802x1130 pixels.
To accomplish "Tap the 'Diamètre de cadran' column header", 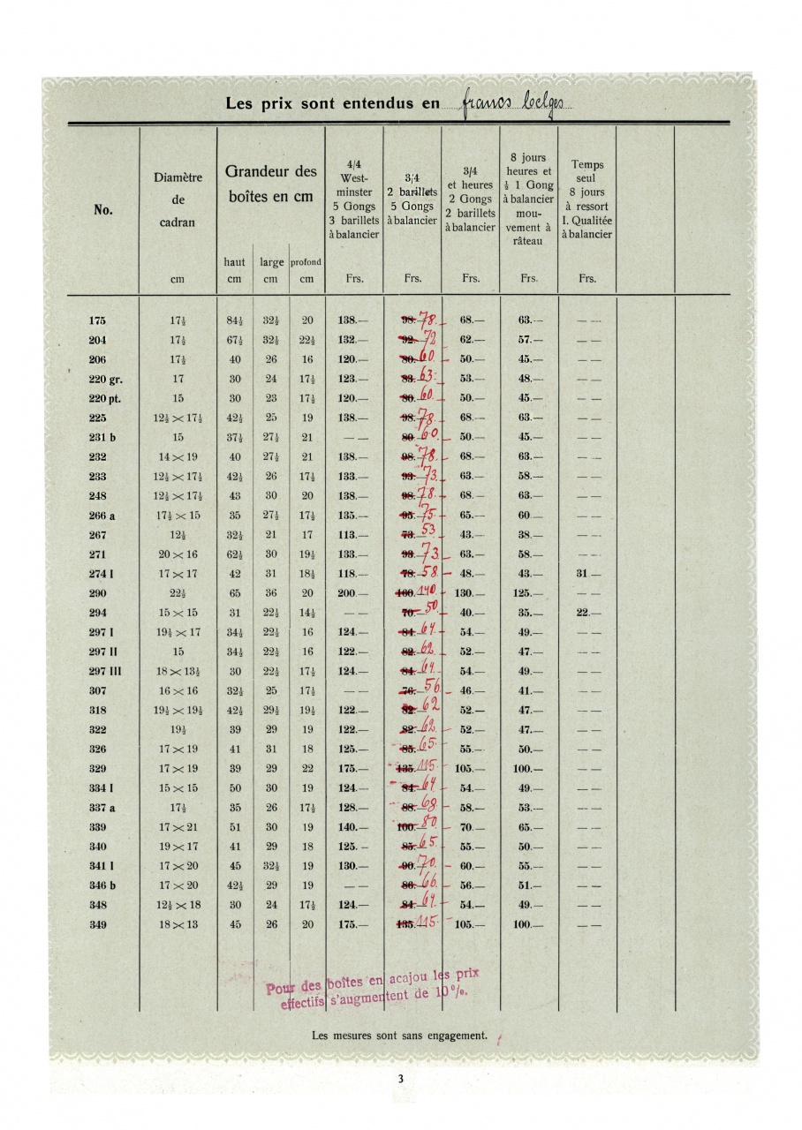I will point(178,200).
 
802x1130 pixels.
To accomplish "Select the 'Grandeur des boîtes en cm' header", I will point(270,183).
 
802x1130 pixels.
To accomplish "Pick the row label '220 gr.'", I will point(105,379).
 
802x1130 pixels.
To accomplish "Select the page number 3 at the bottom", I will point(400,1078).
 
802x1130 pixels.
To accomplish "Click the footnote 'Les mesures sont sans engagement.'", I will point(400,1036).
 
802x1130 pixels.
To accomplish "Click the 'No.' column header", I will point(102,211).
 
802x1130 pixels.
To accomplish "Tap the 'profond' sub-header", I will point(306,262).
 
